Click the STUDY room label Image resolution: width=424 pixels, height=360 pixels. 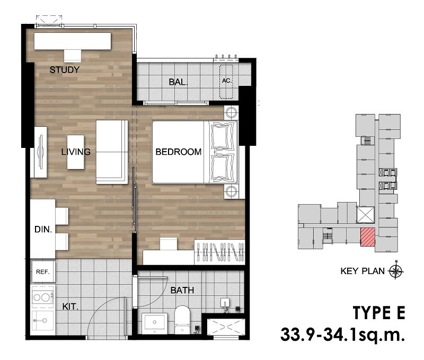click(64, 70)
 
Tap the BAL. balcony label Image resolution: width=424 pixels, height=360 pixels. click(178, 82)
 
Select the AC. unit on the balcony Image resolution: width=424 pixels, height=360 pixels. click(226, 82)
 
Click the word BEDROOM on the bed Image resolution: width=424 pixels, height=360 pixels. click(179, 152)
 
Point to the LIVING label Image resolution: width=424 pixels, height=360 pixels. click(76, 152)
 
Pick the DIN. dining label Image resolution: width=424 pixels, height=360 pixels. click(43, 230)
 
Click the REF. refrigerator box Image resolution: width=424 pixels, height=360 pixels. click(43, 271)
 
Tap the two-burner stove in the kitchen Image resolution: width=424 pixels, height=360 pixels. click(43, 297)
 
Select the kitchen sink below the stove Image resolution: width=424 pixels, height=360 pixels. click(43, 321)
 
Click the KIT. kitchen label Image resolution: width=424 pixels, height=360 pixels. click(70, 307)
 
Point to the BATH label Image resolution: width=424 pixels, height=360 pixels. click(182, 290)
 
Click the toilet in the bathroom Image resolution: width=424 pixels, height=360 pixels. click(182, 320)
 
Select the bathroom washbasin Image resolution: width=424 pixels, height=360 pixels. click(154, 323)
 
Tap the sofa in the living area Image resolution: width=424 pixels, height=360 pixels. click(112, 152)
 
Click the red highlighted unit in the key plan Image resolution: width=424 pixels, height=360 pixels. click(368, 237)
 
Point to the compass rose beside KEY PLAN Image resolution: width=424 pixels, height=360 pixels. click(396, 271)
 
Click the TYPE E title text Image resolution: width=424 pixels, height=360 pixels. click(379, 313)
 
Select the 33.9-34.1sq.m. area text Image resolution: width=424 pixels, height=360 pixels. click(342, 335)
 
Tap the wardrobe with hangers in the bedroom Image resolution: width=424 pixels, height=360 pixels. click(219, 252)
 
